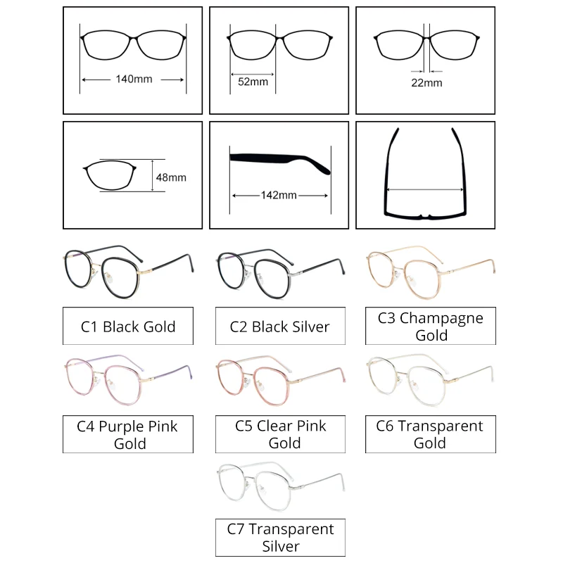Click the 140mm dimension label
134,80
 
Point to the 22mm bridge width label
427,82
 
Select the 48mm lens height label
171,177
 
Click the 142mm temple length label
279,195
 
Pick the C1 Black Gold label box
128,327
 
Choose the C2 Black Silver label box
279,327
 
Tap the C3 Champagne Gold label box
431,326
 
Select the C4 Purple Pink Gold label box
128,434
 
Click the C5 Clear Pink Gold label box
279,434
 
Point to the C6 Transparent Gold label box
430,434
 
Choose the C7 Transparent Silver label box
280,537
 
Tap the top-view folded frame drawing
424,176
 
